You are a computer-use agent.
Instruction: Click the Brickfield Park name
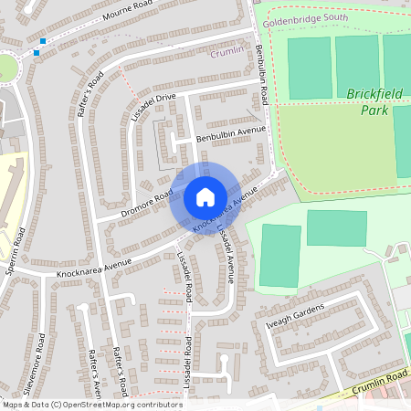[367, 101]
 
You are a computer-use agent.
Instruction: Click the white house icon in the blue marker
[205, 197]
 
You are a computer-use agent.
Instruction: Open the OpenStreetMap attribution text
[91, 404]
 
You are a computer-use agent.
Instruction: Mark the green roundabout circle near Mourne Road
[5, 68]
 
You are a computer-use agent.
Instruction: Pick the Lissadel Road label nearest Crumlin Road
[187, 364]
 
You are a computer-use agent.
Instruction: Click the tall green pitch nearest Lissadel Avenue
[279, 255]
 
